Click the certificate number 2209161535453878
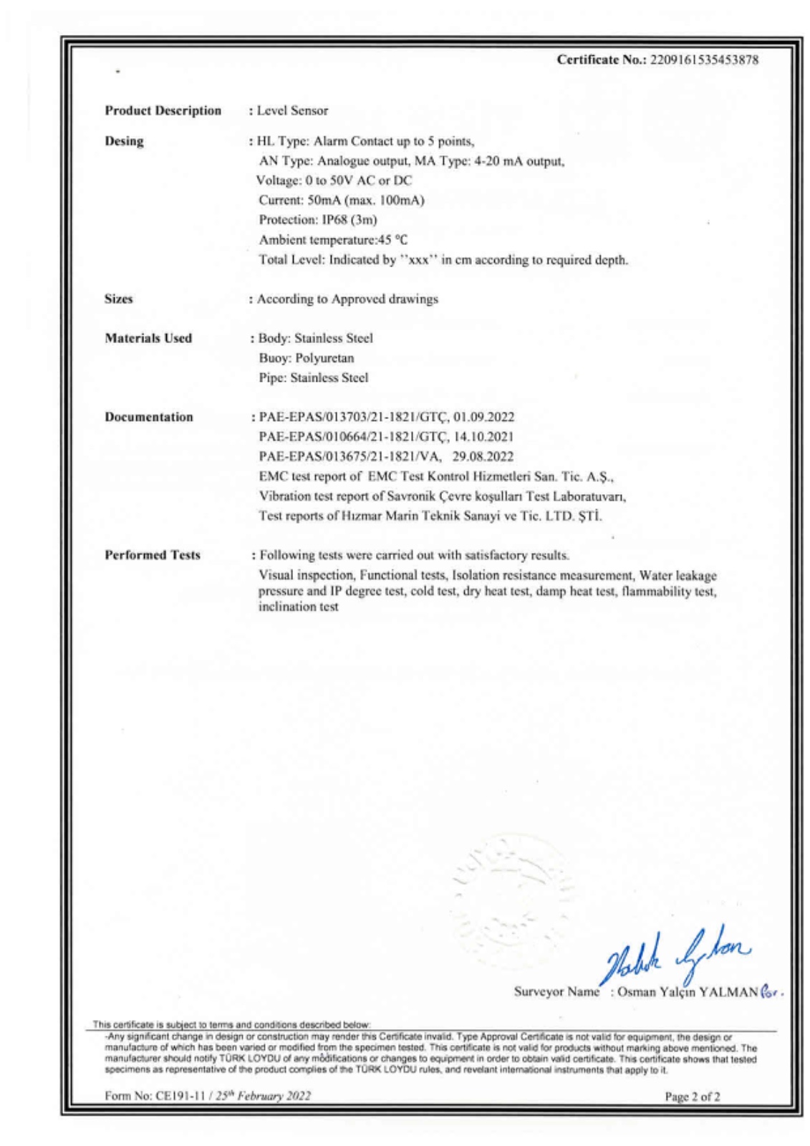[703, 60]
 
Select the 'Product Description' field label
[163, 110]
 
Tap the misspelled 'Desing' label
[124, 141]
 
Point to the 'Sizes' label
[119, 299]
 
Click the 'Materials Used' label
[148, 338]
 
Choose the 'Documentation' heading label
[149, 417]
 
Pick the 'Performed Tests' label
[153, 555]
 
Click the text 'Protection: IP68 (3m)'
[318, 220]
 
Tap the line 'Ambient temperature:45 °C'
[333, 240]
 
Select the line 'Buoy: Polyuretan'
[307, 358]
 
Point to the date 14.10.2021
[484, 437]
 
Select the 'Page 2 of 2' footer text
[693, 1097]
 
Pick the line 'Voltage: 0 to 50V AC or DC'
[334, 180]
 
